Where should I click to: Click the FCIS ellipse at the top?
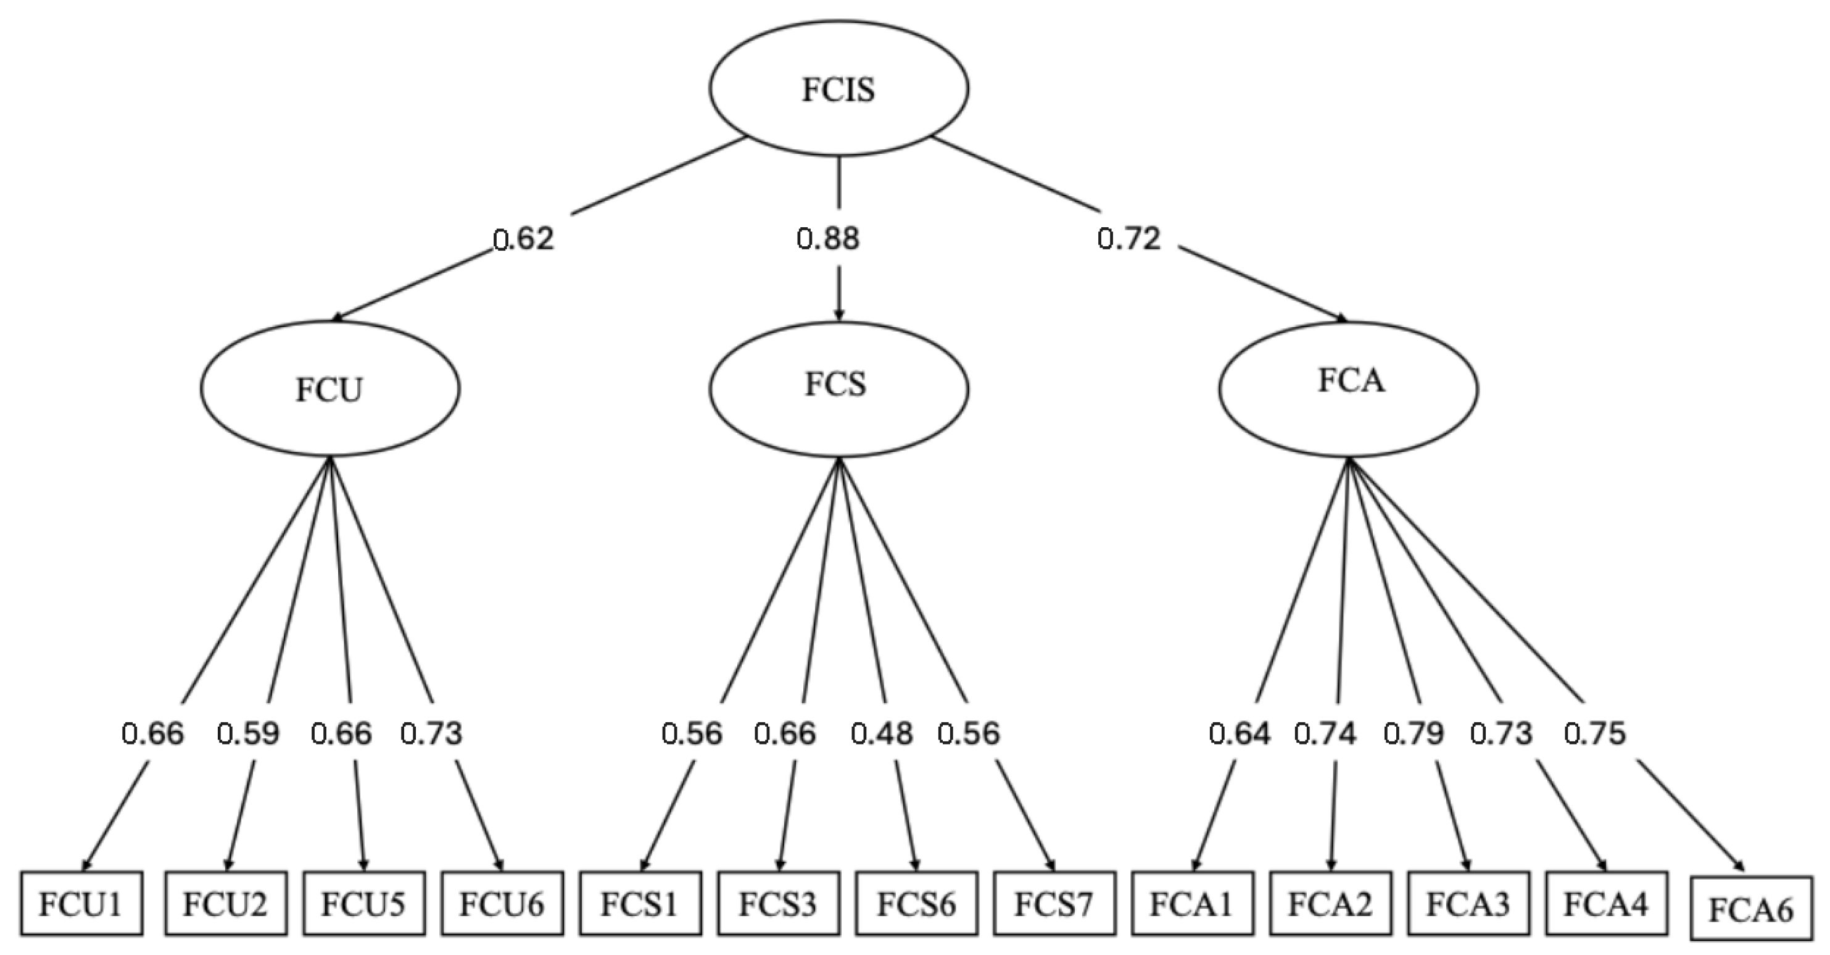pyautogui.click(x=838, y=88)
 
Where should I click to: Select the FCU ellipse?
pyautogui.click(x=329, y=389)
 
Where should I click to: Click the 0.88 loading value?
pyautogui.click(x=827, y=239)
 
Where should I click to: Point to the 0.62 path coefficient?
pyautogui.click(x=524, y=239)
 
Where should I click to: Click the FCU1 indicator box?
pyautogui.click(x=81, y=904)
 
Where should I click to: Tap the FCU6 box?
pyautogui.click(x=502, y=904)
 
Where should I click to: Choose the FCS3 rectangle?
pyautogui.click(x=778, y=904)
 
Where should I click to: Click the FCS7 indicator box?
pyautogui.click(x=1054, y=904)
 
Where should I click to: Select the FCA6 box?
pyautogui.click(x=1751, y=909)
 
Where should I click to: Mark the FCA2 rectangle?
pyautogui.click(x=1330, y=904)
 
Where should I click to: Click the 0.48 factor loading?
pyautogui.click(x=882, y=733)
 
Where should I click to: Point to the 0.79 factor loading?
pyautogui.click(x=1414, y=733)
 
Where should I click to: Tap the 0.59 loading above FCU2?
pyautogui.click(x=248, y=733)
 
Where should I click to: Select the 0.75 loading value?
pyautogui.click(x=1595, y=733)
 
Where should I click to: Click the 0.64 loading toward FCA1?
pyautogui.click(x=1240, y=733)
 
